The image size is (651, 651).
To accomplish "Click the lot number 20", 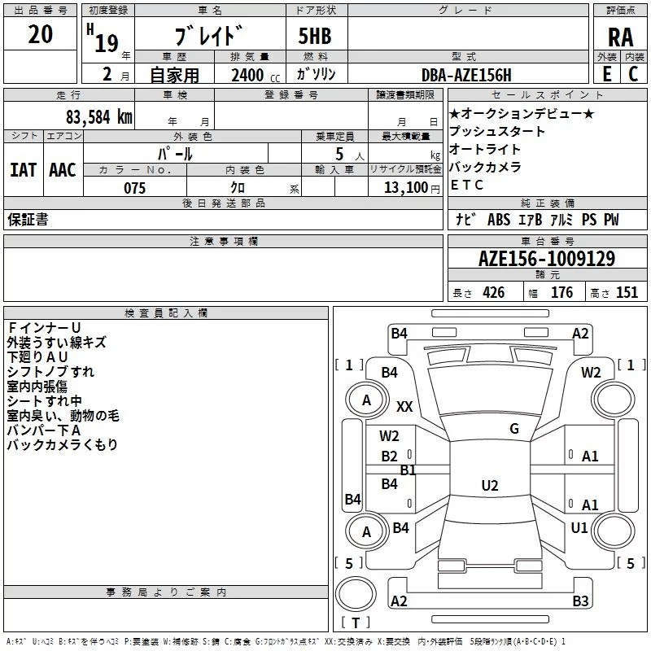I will tap(40, 34).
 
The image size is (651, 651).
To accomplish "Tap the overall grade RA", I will tap(620, 37).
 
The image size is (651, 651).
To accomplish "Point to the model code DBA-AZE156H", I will tap(466, 75).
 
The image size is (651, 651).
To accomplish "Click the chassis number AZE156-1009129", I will tap(546, 259).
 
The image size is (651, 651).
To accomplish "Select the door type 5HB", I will tap(315, 37).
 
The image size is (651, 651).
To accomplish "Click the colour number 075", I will tap(134, 188).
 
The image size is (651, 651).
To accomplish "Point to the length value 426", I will tap(493, 293).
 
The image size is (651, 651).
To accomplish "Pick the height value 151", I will tap(627, 293).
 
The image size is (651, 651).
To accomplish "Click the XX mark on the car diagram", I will tap(404, 406).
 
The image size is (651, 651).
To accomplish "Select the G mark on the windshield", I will tap(514, 428).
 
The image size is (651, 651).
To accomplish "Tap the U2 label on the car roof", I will tap(489, 486).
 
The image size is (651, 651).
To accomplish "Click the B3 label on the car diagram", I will tap(580, 601).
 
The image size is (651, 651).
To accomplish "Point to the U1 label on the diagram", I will tap(579, 527).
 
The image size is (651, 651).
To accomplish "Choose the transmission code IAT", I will tap(23, 170).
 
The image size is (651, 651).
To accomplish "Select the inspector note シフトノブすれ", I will tap(50, 372).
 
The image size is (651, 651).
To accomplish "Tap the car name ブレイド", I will tap(209, 37).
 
